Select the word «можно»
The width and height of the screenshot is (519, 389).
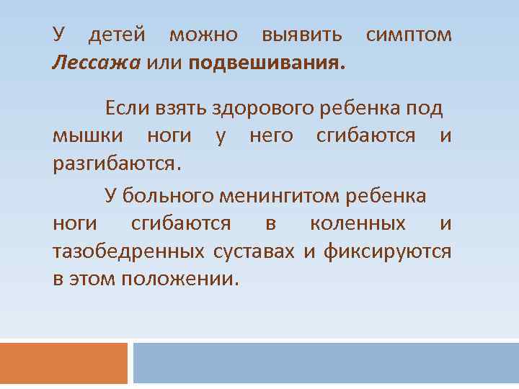pyautogui.click(x=203, y=34)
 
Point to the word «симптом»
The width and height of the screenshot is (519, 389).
pyautogui.click(x=409, y=34)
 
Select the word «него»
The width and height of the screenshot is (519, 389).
pyautogui.click(x=270, y=135)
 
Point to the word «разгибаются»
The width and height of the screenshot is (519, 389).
pyautogui.click(x=113, y=162)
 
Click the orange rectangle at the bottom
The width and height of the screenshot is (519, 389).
pyautogui.click(x=63, y=363)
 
